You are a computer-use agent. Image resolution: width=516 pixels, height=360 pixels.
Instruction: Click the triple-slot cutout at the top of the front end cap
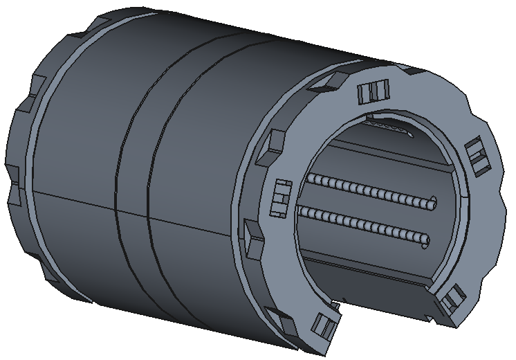coord(373,91)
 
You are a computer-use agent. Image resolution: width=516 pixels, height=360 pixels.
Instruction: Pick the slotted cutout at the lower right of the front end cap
coord(450,299)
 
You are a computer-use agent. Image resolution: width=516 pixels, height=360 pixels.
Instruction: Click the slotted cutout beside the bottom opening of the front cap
coord(324,324)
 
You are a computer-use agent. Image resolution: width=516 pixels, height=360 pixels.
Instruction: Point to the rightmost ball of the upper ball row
coord(433,204)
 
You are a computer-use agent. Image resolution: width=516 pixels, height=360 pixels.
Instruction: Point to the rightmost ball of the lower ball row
coord(425,242)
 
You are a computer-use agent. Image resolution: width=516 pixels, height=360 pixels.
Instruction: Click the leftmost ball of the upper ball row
coord(310,179)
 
